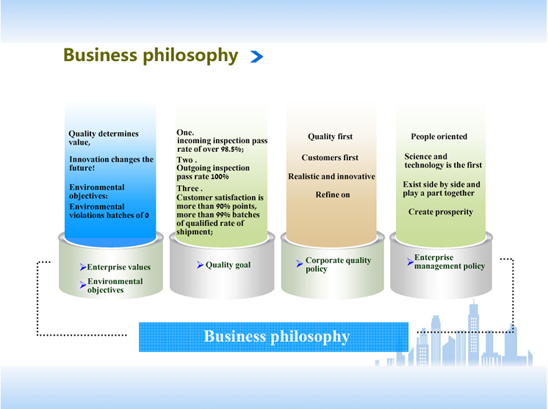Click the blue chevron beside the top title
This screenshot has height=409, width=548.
tap(257, 57)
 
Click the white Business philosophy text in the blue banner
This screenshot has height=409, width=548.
tap(276, 336)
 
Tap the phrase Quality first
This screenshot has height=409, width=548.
tap(331, 137)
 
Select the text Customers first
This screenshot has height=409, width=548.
tap(330, 158)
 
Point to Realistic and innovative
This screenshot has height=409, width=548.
tap(331, 176)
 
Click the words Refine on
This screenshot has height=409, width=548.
tap(332, 195)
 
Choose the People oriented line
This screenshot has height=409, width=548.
tap(439, 137)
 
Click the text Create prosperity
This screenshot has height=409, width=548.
tap(441, 212)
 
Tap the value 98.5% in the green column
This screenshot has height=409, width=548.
tap(232, 149)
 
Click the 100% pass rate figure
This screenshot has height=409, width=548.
tap(220, 177)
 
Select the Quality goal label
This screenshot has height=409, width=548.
tap(228, 265)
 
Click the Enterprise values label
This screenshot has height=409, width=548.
tap(119, 267)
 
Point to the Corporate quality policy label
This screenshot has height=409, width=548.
tap(339, 264)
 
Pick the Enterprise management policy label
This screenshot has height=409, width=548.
tap(450, 262)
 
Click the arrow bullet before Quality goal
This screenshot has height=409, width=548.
tap(200, 265)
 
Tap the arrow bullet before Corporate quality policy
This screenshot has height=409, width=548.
tap(300, 264)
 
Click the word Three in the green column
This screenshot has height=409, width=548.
tap(187, 188)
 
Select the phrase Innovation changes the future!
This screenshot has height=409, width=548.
tap(111, 164)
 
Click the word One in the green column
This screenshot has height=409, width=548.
tap(184, 133)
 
